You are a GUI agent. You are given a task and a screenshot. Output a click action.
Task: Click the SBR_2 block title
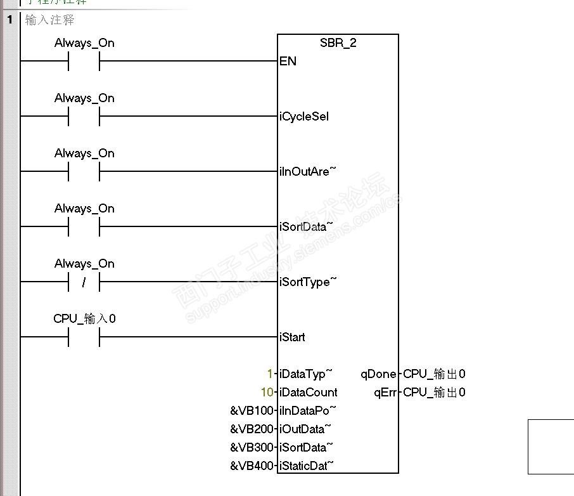click(x=338, y=43)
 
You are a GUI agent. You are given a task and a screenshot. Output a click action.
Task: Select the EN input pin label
click(x=288, y=62)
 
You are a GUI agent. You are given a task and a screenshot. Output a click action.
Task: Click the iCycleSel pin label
click(x=304, y=117)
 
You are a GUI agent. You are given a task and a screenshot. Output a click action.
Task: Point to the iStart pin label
click(x=292, y=337)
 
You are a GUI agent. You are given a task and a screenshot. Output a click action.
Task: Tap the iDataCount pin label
click(x=309, y=393)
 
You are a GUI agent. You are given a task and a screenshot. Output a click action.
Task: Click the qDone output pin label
click(x=379, y=374)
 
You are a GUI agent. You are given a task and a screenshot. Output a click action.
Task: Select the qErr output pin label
click(x=385, y=393)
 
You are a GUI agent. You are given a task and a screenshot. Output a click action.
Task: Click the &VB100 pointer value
click(x=253, y=411)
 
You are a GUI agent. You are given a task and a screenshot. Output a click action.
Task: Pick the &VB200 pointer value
click(x=253, y=429)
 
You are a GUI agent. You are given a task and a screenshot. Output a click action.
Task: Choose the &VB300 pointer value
click(x=253, y=448)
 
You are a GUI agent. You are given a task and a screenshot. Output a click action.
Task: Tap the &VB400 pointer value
click(x=253, y=466)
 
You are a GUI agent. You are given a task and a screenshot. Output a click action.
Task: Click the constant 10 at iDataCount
click(x=267, y=393)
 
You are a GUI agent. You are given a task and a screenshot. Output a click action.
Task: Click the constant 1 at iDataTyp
click(x=271, y=374)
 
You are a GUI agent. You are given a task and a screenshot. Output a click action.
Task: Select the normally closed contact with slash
click(x=84, y=282)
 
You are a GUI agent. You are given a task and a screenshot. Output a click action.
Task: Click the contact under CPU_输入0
click(x=84, y=337)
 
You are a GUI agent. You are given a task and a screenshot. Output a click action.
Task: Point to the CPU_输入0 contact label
click(x=84, y=319)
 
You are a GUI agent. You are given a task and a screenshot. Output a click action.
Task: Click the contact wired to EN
click(x=84, y=62)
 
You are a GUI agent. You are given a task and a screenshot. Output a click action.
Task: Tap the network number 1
click(x=10, y=20)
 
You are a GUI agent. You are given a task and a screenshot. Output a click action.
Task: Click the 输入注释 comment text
click(x=50, y=20)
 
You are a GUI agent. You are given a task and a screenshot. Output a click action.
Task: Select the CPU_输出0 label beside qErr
click(x=434, y=393)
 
